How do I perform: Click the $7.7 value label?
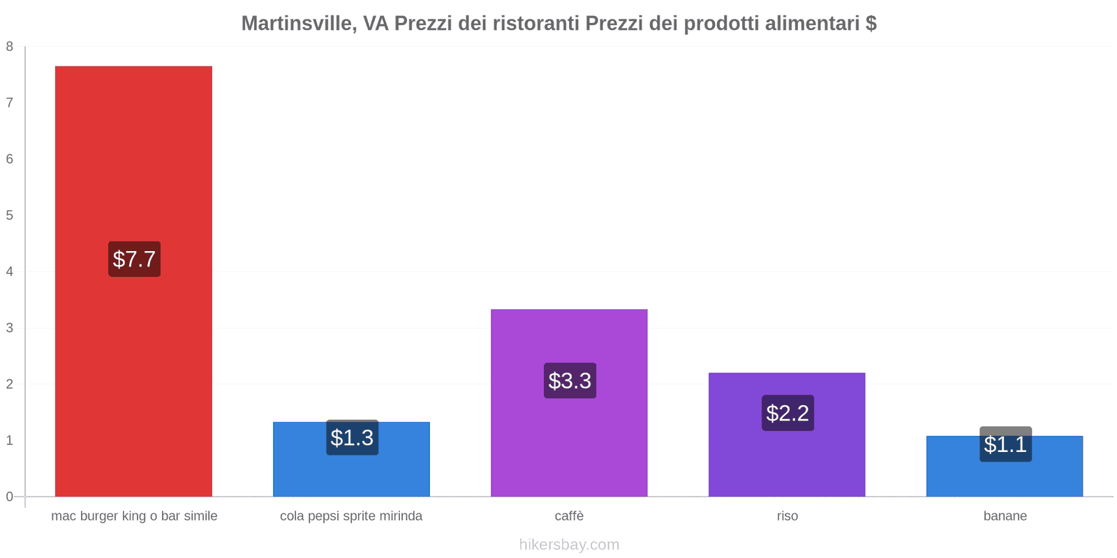click(x=134, y=259)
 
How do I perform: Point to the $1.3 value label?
click(x=352, y=438)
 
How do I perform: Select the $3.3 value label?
click(x=570, y=381)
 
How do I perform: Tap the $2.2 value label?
click(x=787, y=413)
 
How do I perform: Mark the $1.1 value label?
click(x=1005, y=444)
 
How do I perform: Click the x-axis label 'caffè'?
click(x=569, y=516)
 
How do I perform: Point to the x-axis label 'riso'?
click(x=787, y=516)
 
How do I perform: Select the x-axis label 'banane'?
click(x=1005, y=516)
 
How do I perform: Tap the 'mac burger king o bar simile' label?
click(x=134, y=516)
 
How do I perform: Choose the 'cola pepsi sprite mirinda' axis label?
click(x=351, y=516)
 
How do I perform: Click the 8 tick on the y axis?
click(x=10, y=47)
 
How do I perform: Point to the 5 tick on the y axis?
click(x=10, y=216)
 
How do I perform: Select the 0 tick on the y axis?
click(x=10, y=497)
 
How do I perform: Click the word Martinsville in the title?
click(x=297, y=24)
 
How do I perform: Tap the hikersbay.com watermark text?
click(x=569, y=545)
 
